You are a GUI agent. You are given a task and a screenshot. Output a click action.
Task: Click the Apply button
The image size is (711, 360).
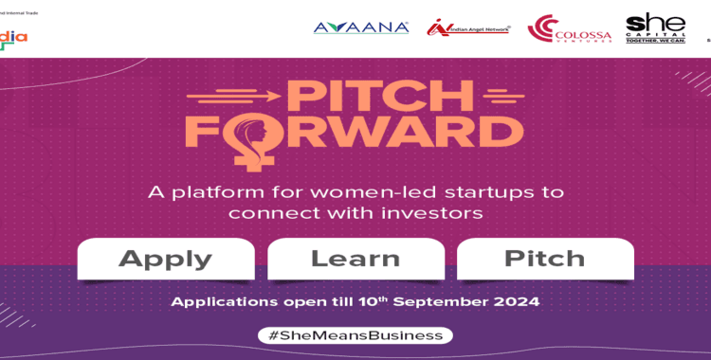tap(166, 259)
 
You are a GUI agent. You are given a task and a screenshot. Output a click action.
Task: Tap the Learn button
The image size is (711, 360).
tap(355, 259)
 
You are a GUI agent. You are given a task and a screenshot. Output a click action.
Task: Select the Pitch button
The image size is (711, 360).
tap(545, 259)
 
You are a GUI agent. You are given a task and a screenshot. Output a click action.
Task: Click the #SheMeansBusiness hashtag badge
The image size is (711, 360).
tap(355, 335)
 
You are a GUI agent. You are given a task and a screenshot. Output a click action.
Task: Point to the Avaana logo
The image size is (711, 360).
tap(361, 27)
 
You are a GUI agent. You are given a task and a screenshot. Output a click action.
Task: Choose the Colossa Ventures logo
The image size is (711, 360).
tap(570, 29)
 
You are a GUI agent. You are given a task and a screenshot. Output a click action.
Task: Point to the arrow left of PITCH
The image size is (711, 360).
tap(233, 94)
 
